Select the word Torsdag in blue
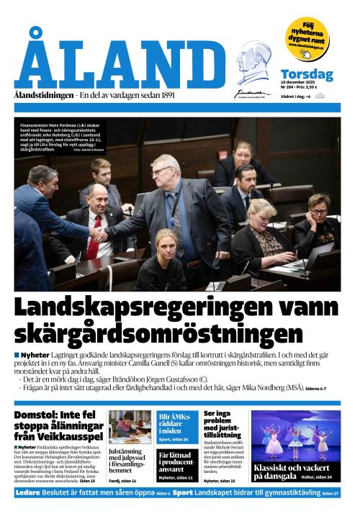point(307,74)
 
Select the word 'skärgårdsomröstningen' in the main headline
point(158,333)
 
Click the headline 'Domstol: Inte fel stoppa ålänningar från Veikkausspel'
point(57,428)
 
